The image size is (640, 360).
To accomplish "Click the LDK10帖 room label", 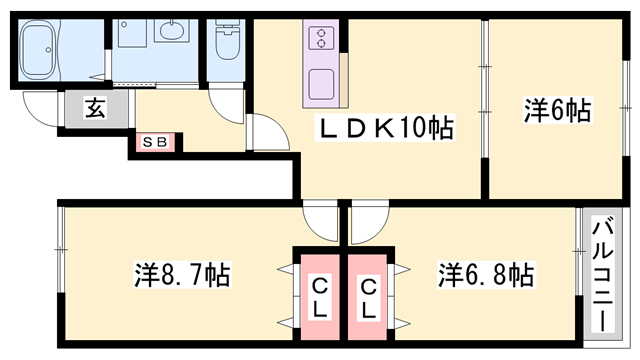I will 384,127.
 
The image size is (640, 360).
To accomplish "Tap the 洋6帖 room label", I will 556,111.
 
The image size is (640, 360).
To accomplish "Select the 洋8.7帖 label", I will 182,273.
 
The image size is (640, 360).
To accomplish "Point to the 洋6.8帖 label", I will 484,273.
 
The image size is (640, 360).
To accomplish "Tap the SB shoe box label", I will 155,142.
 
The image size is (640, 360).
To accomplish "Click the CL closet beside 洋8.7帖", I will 318,298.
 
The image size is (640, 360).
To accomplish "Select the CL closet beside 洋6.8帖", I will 367,298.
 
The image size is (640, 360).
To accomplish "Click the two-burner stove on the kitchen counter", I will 322,40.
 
